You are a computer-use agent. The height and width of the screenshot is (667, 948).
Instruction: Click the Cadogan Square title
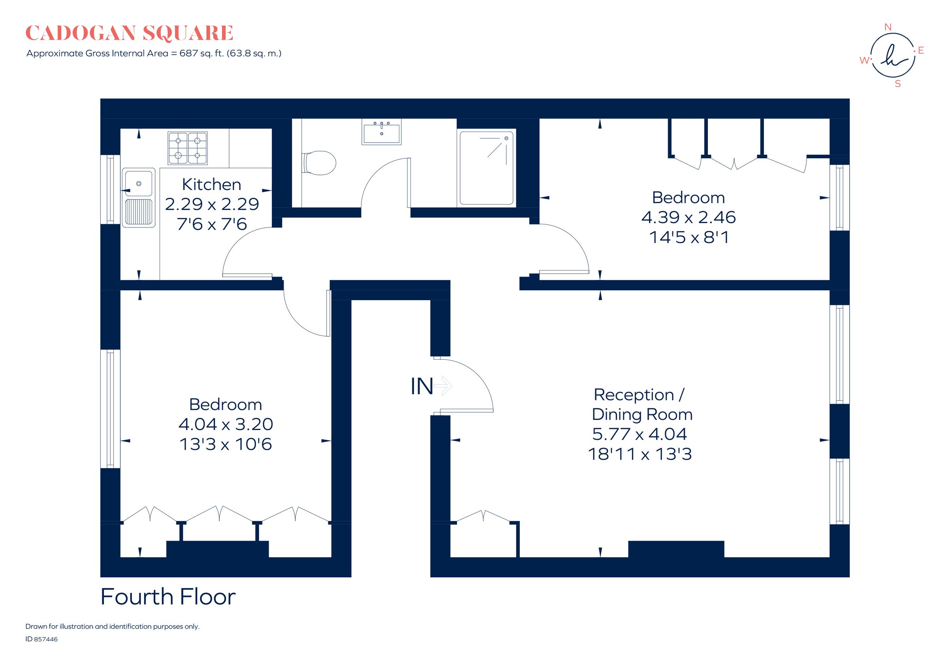(x=129, y=34)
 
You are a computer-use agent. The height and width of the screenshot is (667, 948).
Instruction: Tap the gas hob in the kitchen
(x=188, y=148)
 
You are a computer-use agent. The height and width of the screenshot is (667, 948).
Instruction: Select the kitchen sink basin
(x=139, y=183)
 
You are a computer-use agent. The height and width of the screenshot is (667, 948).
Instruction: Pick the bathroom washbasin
(x=381, y=133)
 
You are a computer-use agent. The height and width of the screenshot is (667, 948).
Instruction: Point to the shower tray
(x=486, y=168)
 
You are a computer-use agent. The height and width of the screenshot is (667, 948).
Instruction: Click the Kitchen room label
(x=211, y=184)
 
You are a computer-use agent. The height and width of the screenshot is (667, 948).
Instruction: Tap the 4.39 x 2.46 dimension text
(x=688, y=218)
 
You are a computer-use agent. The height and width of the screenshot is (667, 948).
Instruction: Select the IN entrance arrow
(x=444, y=386)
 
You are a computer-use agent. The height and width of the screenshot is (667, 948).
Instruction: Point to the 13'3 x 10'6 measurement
(x=226, y=445)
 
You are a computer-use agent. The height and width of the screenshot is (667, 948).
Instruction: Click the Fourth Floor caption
(x=168, y=597)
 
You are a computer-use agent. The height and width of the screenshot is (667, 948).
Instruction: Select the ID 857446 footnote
(x=41, y=639)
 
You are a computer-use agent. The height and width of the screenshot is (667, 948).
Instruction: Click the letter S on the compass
(x=897, y=84)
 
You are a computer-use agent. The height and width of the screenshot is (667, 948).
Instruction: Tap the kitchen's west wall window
(x=110, y=190)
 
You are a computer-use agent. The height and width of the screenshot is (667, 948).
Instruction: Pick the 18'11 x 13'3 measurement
(x=640, y=455)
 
